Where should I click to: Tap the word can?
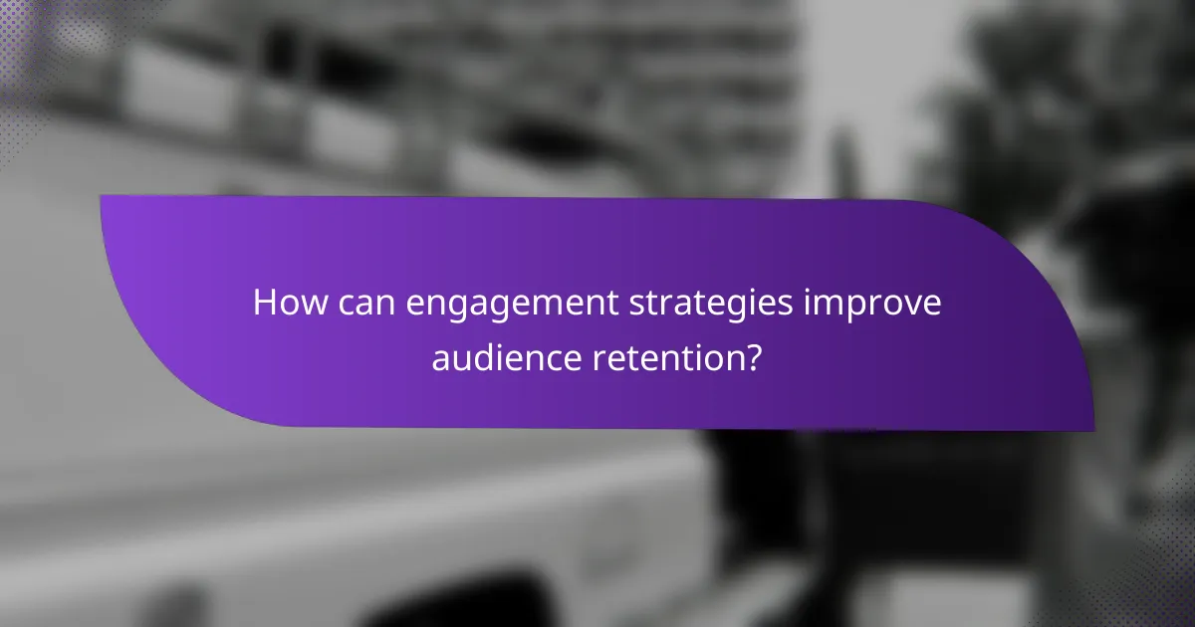(x=367, y=303)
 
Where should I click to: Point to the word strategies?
(x=687, y=304)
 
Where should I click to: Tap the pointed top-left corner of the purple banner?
(x=103, y=197)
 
